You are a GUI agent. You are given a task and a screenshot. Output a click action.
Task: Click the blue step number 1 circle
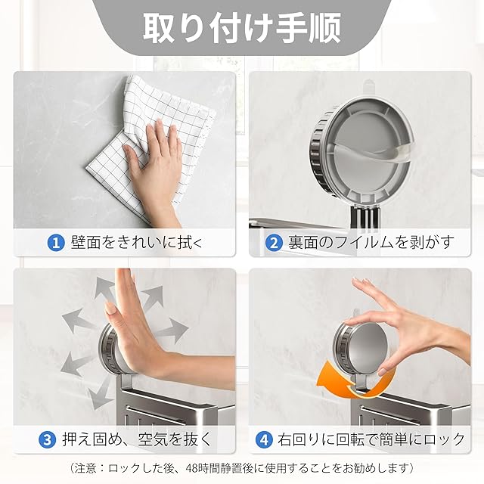coord(56,243)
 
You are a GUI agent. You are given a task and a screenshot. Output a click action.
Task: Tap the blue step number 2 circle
coord(274,243)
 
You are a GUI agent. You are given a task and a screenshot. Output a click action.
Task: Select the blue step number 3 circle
coord(47,439)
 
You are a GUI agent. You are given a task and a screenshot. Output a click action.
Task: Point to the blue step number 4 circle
coord(264,439)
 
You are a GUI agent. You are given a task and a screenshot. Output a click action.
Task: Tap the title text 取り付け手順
coord(242,27)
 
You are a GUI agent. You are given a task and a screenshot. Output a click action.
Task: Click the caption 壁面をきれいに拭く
coord(137,243)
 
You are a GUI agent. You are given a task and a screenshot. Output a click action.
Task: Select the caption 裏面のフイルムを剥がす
coord(371,243)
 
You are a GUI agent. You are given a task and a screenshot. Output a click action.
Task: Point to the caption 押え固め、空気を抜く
coord(137,439)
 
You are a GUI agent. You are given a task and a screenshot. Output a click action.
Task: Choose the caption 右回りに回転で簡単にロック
coord(371,439)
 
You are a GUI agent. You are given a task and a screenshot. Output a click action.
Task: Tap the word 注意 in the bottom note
coord(86,468)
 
